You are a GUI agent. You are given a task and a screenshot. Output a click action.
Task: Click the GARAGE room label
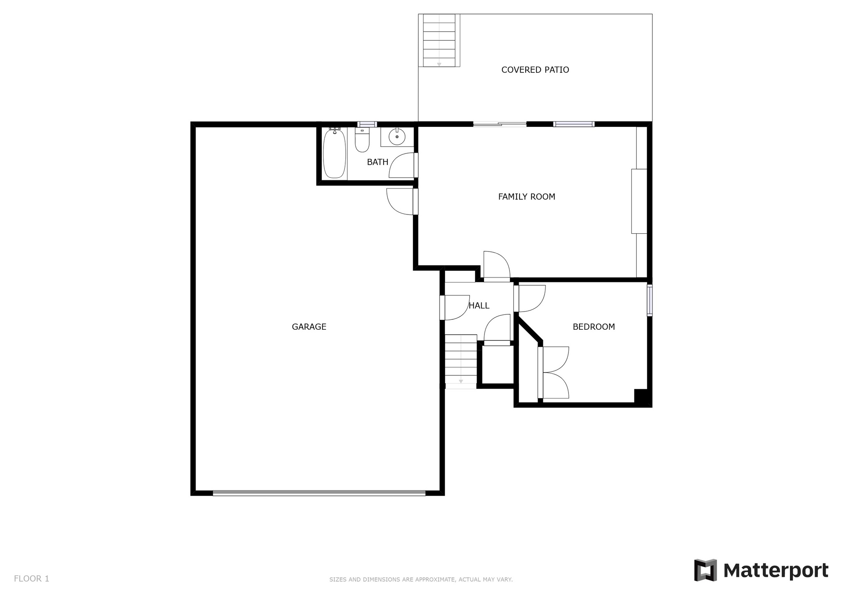coord(309,327)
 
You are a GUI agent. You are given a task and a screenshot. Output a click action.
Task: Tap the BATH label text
coord(377,162)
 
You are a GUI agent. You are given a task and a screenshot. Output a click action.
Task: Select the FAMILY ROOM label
coord(526,197)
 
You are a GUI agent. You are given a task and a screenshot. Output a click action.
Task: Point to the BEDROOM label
coord(594,327)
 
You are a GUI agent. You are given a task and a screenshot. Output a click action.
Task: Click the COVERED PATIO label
coord(535,70)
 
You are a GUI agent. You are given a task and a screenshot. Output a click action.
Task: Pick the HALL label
coord(479,305)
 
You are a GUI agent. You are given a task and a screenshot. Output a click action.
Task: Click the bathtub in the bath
coord(334,154)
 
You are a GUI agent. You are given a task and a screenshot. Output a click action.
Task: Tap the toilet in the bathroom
coord(362,140)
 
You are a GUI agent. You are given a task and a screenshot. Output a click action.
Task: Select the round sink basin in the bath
coord(397,136)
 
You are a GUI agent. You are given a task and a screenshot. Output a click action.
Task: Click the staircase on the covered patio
coord(439,40)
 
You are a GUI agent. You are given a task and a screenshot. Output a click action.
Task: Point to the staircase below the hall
coord(461,361)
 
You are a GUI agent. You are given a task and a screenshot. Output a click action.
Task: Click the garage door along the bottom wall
coord(319,493)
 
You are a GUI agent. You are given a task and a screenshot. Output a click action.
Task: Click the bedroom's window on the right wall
coord(650,300)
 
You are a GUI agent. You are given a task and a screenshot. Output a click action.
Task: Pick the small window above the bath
coord(367,124)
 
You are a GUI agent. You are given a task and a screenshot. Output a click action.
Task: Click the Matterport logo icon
coord(706,570)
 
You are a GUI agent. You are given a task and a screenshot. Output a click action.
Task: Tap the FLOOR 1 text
coord(32,579)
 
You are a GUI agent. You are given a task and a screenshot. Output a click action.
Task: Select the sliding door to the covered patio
coord(500,124)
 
